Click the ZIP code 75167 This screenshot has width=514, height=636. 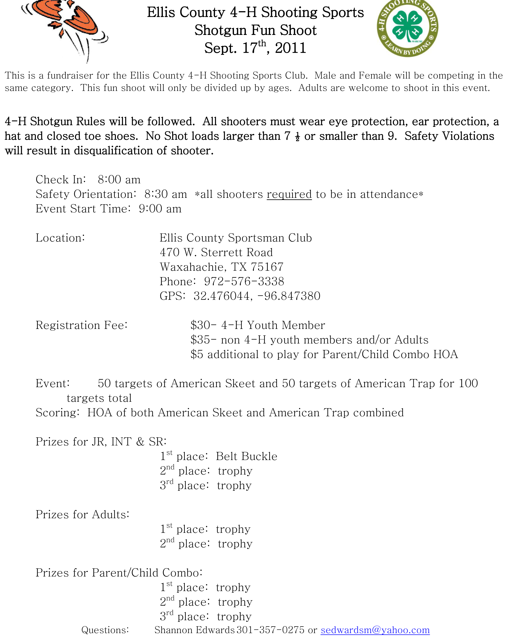pos(267,267)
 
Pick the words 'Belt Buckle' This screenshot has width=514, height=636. pos(246,456)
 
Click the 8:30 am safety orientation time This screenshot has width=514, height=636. pos(166,194)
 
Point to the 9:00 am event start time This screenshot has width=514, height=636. pos(160,209)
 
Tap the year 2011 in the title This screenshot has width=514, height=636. pos(290,48)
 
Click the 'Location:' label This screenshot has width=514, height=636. pos(60,238)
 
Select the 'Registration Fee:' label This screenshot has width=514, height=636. pos(81,325)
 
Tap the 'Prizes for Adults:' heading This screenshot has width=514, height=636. pos(82,515)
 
